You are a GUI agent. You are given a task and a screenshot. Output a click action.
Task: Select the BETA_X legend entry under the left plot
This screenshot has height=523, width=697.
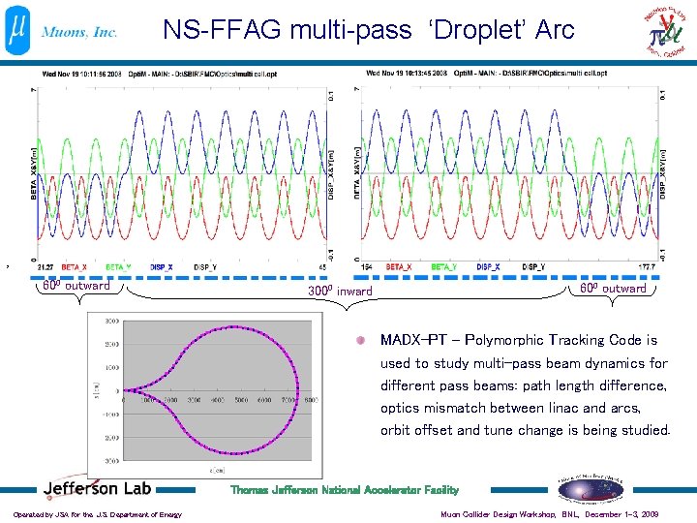click(75, 266)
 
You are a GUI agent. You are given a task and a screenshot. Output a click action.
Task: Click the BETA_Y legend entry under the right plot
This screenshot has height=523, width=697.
click(444, 266)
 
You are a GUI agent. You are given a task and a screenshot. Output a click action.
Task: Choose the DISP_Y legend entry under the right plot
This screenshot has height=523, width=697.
click(533, 266)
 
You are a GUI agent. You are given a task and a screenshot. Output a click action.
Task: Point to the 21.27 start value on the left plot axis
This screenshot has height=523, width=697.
click(45, 266)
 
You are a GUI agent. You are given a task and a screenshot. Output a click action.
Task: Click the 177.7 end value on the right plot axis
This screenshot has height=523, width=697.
click(647, 266)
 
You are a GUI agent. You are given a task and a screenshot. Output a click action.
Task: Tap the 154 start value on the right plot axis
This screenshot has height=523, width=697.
click(368, 266)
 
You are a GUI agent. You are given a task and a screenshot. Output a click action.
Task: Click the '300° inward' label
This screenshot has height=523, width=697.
click(340, 291)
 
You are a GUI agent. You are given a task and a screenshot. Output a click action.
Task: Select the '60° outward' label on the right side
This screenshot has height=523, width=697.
click(613, 289)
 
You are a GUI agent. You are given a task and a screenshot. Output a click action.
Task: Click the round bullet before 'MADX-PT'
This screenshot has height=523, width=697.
click(359, 341)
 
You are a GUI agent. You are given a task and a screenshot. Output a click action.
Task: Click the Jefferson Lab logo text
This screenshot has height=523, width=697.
click(96, 489)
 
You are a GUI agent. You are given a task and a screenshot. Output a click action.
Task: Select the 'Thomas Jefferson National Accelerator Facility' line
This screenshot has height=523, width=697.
click(344, 490)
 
